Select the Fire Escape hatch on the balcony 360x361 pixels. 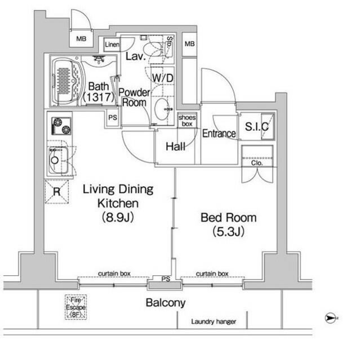[76, 307]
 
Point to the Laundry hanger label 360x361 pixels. [213, 322]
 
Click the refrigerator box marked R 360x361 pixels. [57, 191]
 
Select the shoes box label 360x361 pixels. [186, 120]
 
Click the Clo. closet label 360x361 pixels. [256, 164]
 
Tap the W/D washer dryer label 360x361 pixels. [162, 77]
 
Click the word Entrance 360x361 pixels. [219, 134]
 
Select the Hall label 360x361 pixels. [175, 147]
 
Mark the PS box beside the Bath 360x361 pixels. [113, 118]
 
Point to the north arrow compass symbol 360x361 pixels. [331, 318]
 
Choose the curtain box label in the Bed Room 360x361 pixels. [212, 274]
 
